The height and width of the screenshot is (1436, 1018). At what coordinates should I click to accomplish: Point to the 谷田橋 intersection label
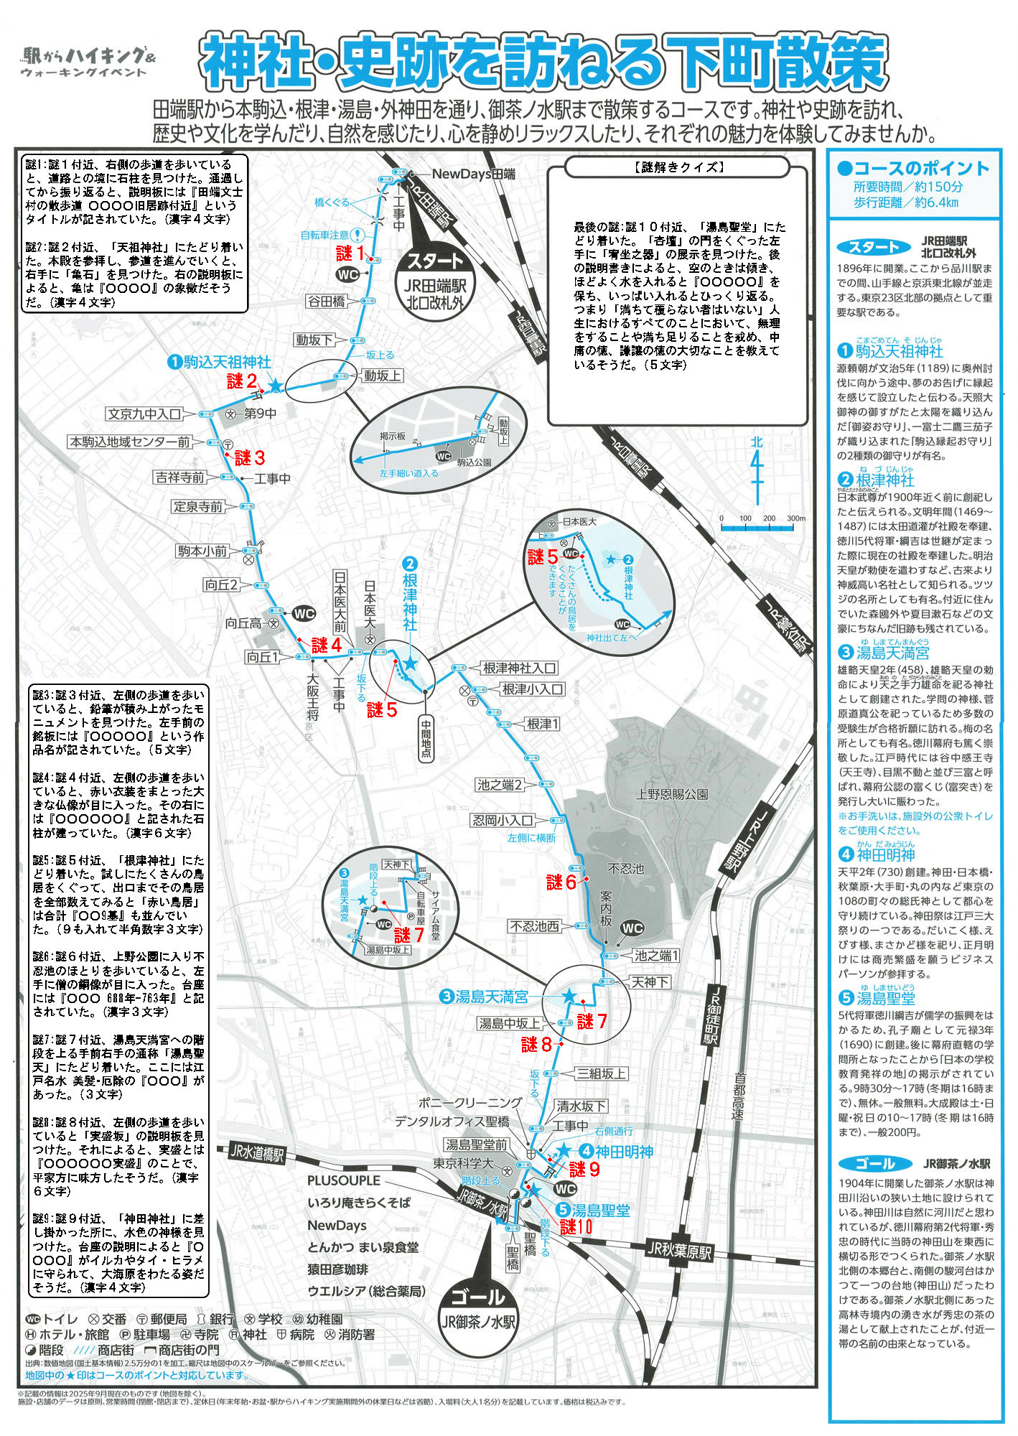(327, 302)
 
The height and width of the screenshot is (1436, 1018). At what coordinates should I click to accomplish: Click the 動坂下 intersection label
(314, 340)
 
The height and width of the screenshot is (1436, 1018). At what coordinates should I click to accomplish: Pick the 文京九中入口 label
(144, 414)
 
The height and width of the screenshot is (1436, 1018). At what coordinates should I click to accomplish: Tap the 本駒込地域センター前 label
(130, 442)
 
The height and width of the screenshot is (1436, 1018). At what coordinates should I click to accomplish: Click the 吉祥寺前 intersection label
(179, 477)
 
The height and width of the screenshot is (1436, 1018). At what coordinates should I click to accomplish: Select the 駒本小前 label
(202, 551)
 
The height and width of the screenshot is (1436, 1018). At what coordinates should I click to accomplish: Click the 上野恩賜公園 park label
(672, 794)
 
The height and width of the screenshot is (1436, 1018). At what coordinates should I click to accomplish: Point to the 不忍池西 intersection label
(534, 926)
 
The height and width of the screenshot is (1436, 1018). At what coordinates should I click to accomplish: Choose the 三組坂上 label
(602, 1073)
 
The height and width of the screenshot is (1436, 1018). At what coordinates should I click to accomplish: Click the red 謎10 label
(576, 1226)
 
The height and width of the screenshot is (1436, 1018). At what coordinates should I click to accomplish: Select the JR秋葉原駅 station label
(678, 1251)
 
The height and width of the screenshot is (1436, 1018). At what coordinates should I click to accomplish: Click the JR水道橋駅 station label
(257, 1154)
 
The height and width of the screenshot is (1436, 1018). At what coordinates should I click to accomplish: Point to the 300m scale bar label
(795, 518)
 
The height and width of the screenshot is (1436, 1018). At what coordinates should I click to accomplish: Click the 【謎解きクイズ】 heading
(677, 167)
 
